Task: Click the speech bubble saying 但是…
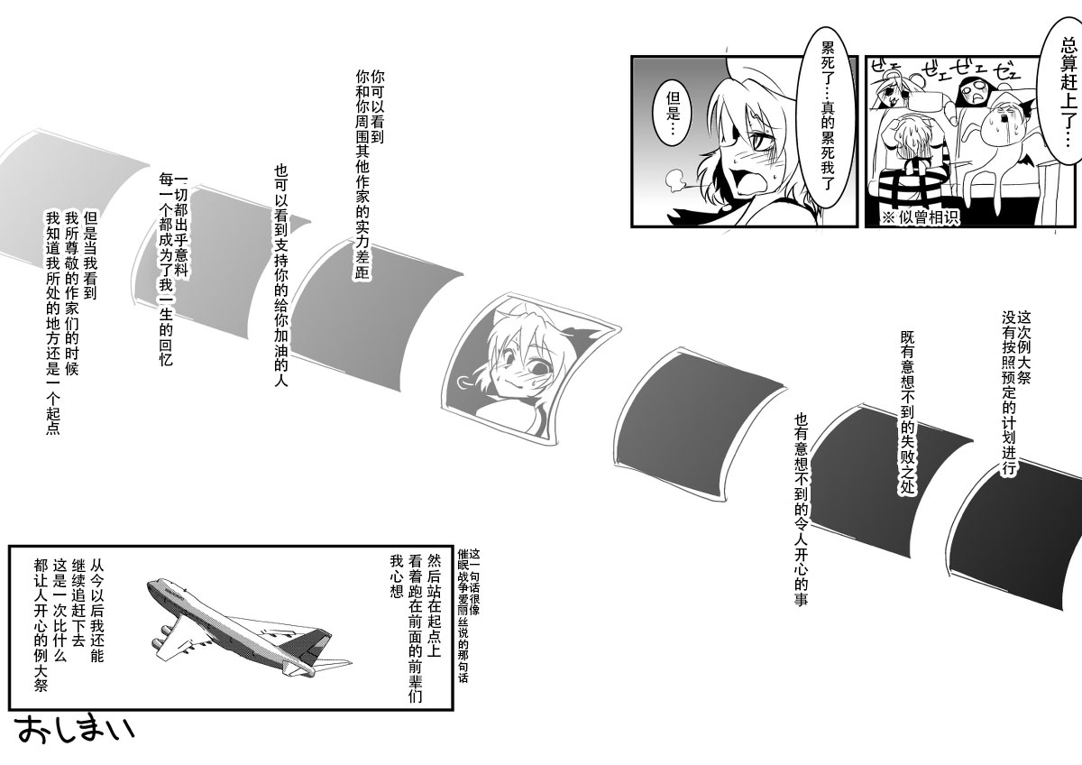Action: coord(672,114)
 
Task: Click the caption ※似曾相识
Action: coord(921,217)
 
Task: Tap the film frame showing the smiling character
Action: coord(529,369)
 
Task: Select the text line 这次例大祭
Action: coord(1024,347)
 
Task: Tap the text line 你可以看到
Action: coord(377,106)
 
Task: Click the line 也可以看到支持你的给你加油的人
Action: coord(281,275)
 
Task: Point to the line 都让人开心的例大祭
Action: coord(41,626)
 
